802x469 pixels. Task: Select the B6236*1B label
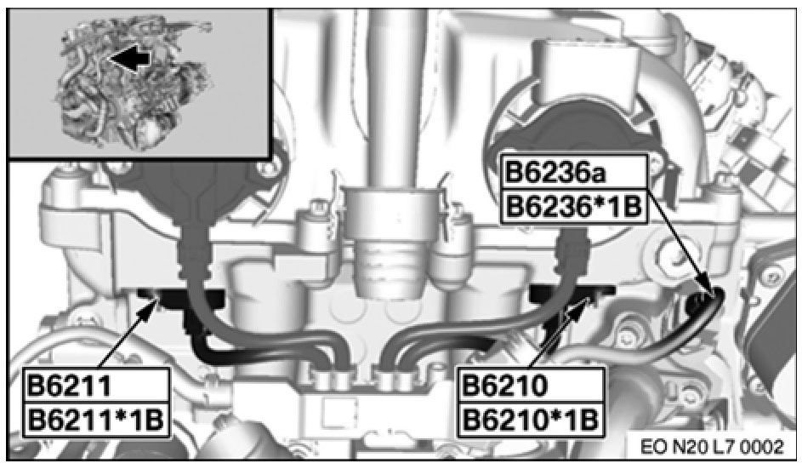(573, 207)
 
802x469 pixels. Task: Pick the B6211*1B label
(94, 420)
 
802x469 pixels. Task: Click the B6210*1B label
(530, 420)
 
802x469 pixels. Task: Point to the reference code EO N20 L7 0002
(712, 447)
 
